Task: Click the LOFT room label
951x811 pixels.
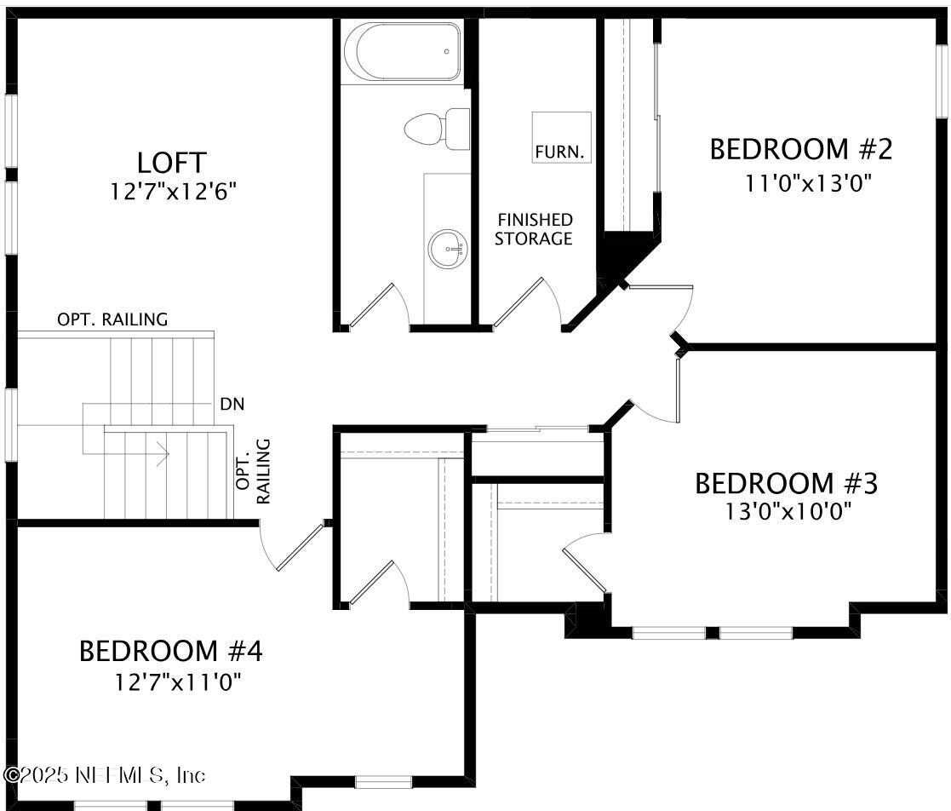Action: (x=171, y=162)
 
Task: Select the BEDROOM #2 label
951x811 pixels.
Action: (x=800, y=149)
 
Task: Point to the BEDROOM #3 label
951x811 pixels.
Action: (x=786, y=483)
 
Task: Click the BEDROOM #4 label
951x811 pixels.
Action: (x=170, y=651)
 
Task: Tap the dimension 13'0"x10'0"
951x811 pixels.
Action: (x=787, y=510)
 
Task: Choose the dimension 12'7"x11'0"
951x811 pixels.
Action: (x=179, y=682)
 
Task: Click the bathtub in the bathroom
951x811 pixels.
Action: (x=402, y=51)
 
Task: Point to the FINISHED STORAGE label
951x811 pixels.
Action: (x=534, y=229)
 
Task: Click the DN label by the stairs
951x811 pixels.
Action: (x=232, y=404)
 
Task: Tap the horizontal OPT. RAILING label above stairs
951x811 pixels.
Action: (x=112, y=319)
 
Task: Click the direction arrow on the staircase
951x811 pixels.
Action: (x=160, y=453)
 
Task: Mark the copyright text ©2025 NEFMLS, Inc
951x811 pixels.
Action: (x=105, y=775)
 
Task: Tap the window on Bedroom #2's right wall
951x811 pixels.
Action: (x=941, y=80)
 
